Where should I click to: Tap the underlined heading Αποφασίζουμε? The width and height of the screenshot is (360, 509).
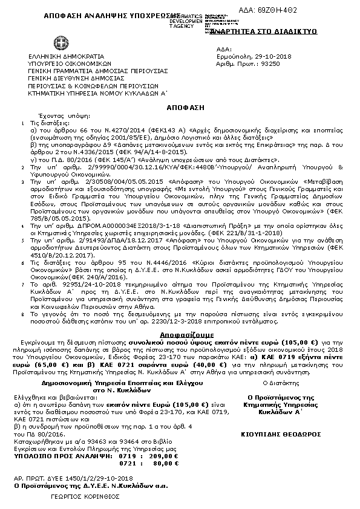178,333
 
